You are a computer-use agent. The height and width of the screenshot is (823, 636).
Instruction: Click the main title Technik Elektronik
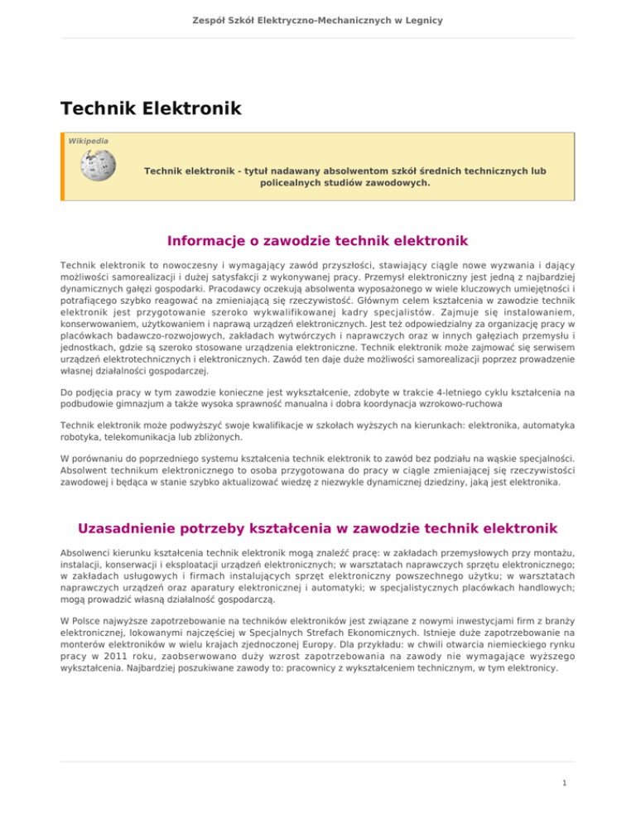pos(151,108)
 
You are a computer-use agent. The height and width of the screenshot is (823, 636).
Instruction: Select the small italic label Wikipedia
pos(88,141)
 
